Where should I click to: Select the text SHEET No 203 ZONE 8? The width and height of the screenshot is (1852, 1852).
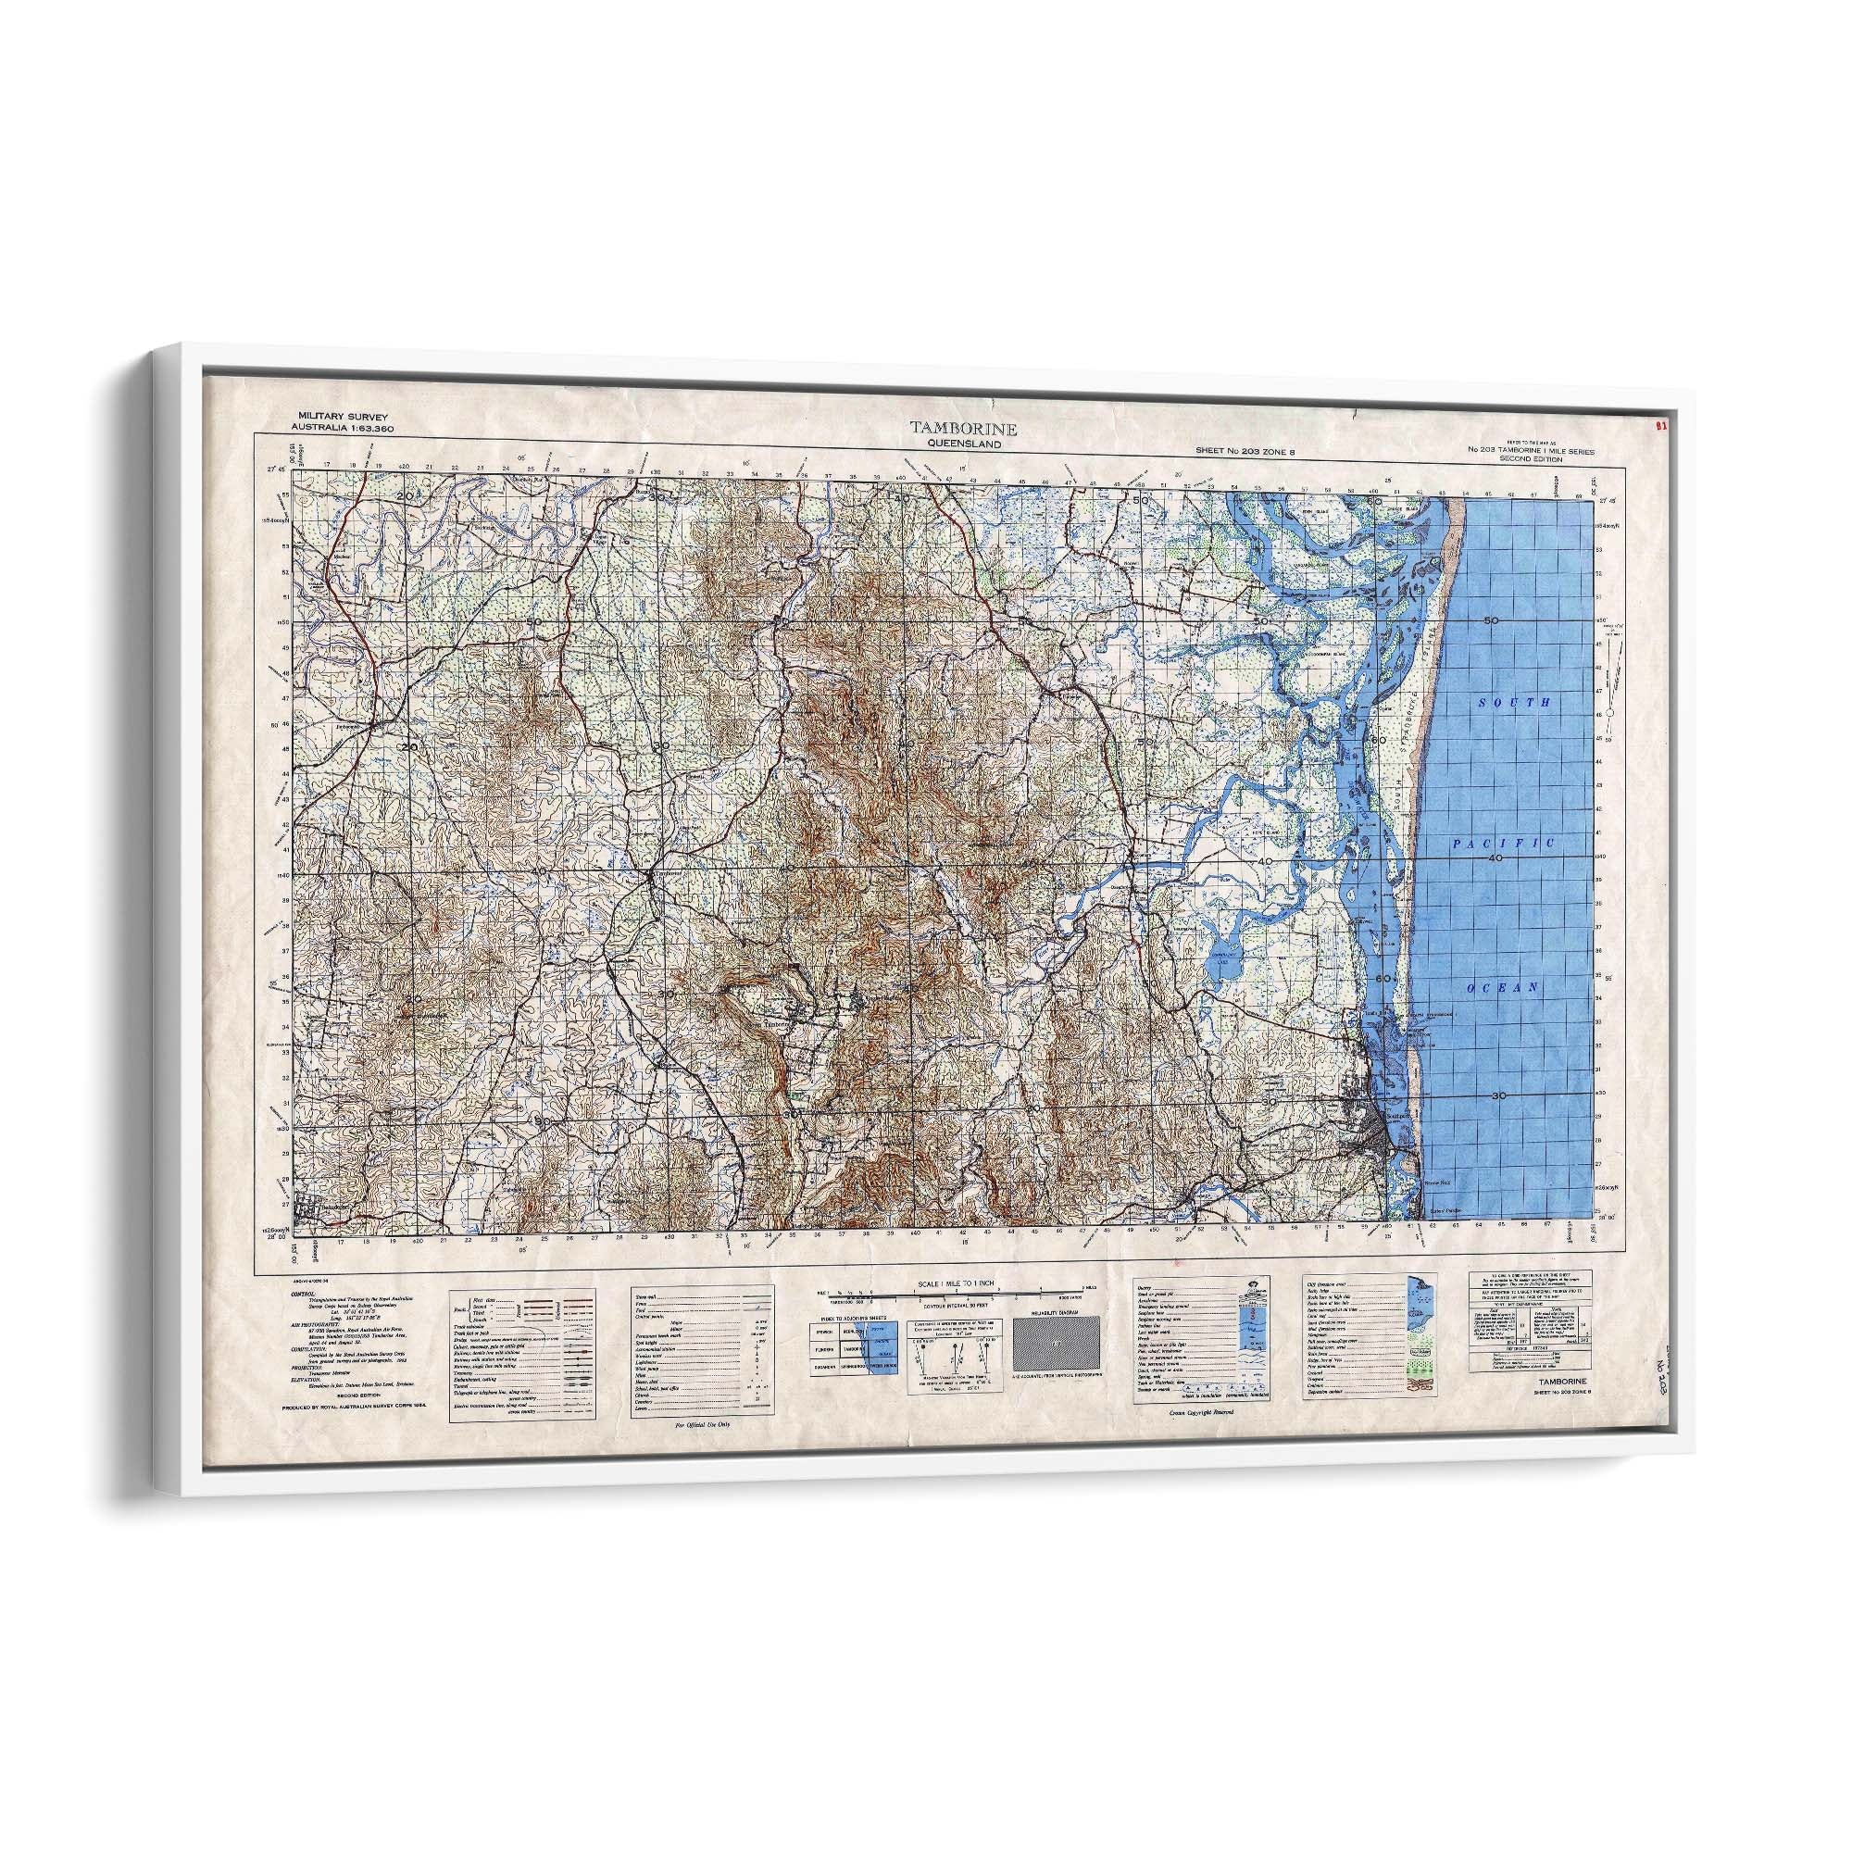coord(1245,451)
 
